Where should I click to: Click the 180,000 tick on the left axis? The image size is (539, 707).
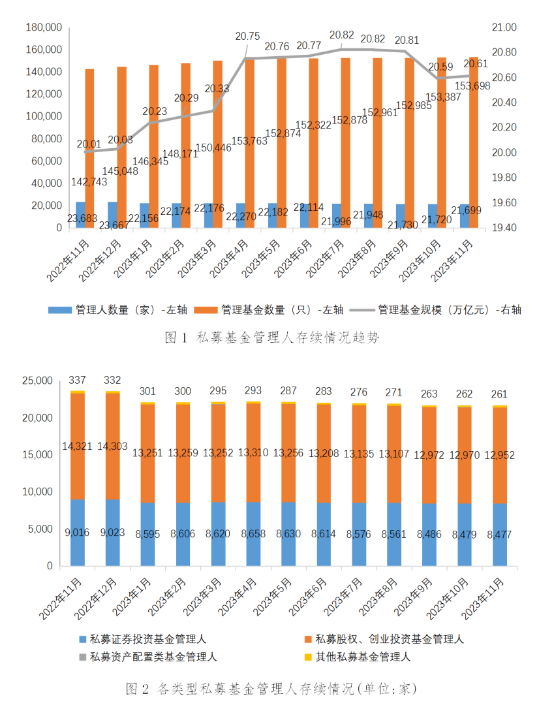pos(43,27)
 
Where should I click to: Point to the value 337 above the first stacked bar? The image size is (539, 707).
pos(78,380)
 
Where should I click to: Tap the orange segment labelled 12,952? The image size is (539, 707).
pos(500,455)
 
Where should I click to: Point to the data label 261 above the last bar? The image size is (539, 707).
pos(500,394)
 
